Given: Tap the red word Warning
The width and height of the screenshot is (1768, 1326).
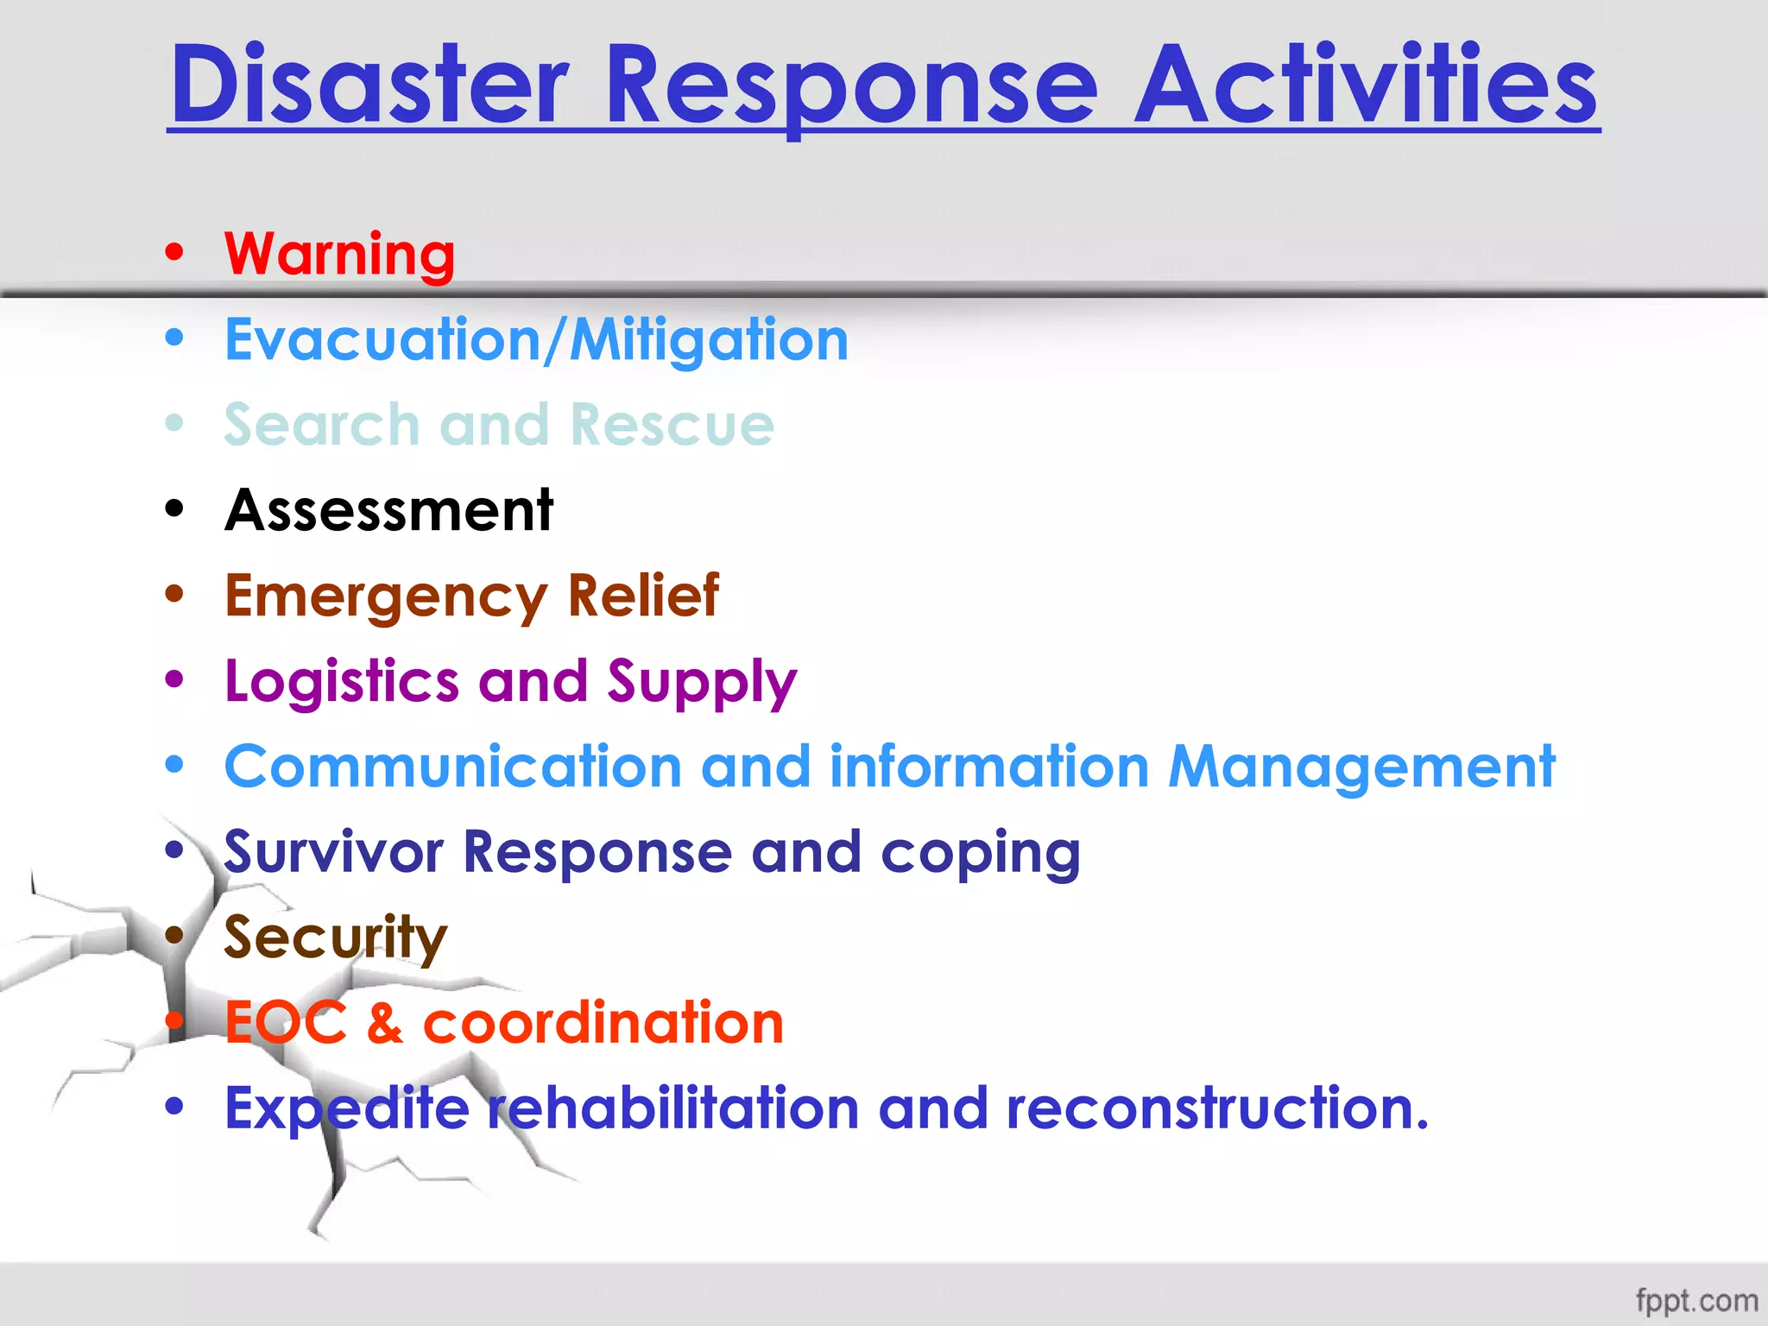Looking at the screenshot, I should (339, 254).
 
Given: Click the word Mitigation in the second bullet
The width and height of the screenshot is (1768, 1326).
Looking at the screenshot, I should (709, 340).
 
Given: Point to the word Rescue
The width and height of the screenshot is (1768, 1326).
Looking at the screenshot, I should (672, 425).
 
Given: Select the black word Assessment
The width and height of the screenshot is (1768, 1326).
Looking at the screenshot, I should (388, 510).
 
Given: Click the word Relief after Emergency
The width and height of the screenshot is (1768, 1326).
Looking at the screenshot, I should (643, 596).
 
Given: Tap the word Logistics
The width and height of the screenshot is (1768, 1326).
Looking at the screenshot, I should (341, 681).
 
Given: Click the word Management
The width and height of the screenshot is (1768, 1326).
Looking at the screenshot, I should (1361, 767).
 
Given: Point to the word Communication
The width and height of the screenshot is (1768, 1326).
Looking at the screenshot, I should (453, 767).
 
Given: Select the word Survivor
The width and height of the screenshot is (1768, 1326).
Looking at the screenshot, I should (333, 852).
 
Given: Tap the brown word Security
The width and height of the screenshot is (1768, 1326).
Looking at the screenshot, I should (336, 938).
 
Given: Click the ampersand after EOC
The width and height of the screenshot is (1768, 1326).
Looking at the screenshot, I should (385, 1023).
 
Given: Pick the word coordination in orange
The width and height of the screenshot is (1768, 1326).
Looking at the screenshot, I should (603, 1023).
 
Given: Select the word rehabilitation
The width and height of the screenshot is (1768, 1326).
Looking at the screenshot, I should (673, 1108).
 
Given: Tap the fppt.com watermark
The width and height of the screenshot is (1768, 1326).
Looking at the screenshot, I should (1696, 1300).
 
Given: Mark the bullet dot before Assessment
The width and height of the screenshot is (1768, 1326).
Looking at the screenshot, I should (175, 509).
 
